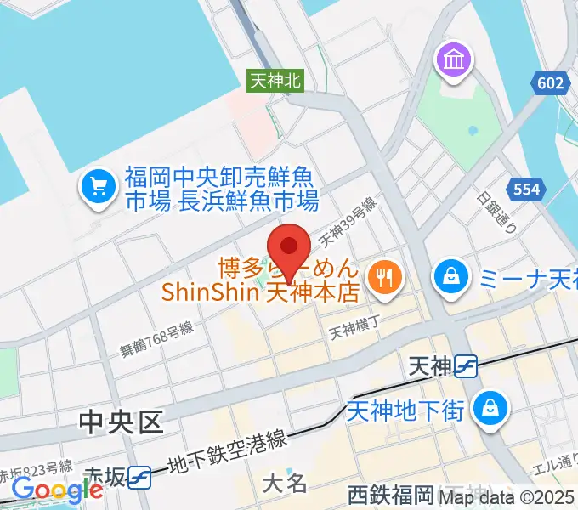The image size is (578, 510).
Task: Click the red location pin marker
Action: (290, 246)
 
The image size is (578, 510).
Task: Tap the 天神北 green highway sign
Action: (275, 80)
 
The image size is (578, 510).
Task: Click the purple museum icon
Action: (450, 60)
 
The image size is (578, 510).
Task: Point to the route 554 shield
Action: (524, 189)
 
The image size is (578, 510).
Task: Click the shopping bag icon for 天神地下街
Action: (490, 406)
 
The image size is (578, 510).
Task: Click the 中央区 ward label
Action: (122, 422)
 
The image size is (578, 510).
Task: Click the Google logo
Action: (57, 490)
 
